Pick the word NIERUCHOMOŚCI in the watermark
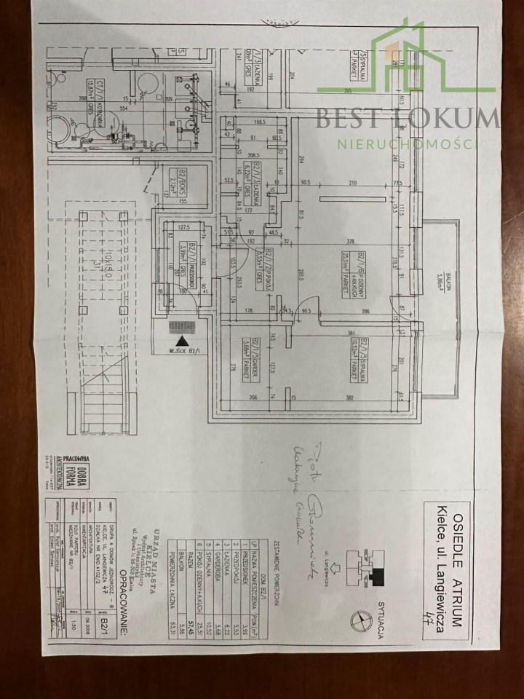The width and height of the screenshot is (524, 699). (408, 143)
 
